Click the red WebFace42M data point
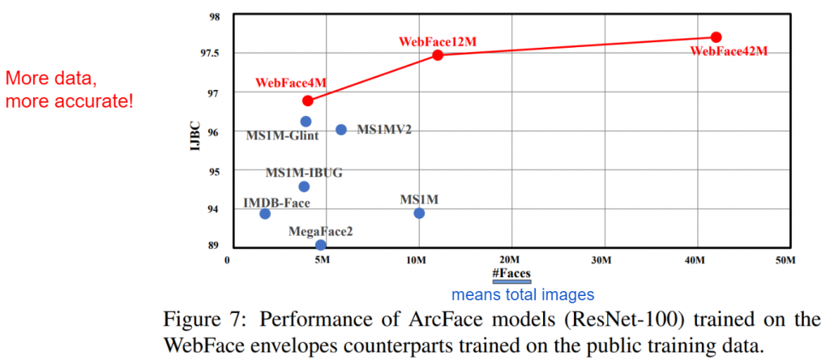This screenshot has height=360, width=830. [716, 37]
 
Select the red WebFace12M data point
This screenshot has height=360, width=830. [438, 55]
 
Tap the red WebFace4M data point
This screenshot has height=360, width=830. [307, 101]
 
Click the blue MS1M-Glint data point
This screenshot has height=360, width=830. [306, 122]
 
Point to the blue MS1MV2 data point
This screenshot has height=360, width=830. [341, 130]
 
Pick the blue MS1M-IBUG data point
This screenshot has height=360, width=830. [304, 186]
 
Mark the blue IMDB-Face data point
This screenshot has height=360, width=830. [265, 214]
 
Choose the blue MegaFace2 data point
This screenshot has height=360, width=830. [321, 245]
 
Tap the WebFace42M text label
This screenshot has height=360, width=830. [728, 51]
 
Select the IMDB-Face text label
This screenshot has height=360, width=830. [277, 202]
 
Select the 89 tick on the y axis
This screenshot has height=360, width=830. [214, 246]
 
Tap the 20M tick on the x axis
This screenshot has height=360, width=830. [511, 260]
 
